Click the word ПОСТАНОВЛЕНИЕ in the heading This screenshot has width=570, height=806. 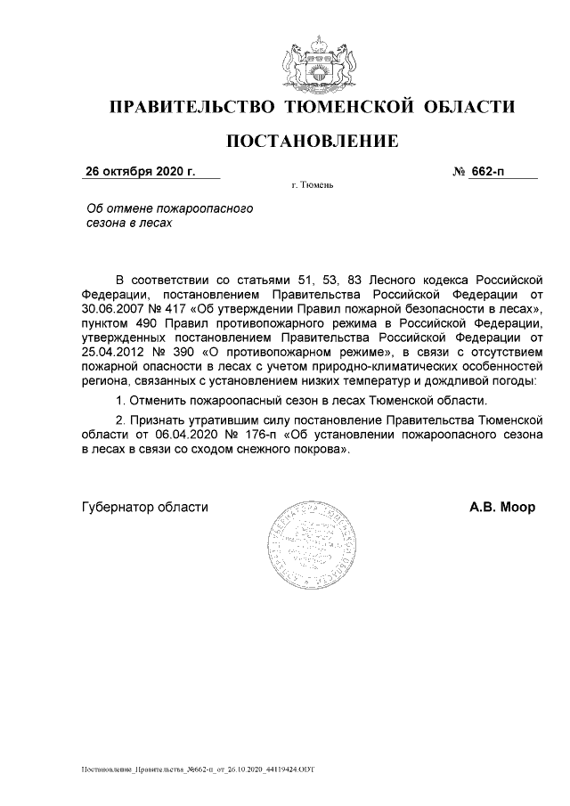coord(311,142)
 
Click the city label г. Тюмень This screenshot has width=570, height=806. coord(312,187)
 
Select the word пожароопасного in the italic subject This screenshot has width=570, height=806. coord(211,208)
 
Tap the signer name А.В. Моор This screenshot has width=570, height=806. coord(502,508)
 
